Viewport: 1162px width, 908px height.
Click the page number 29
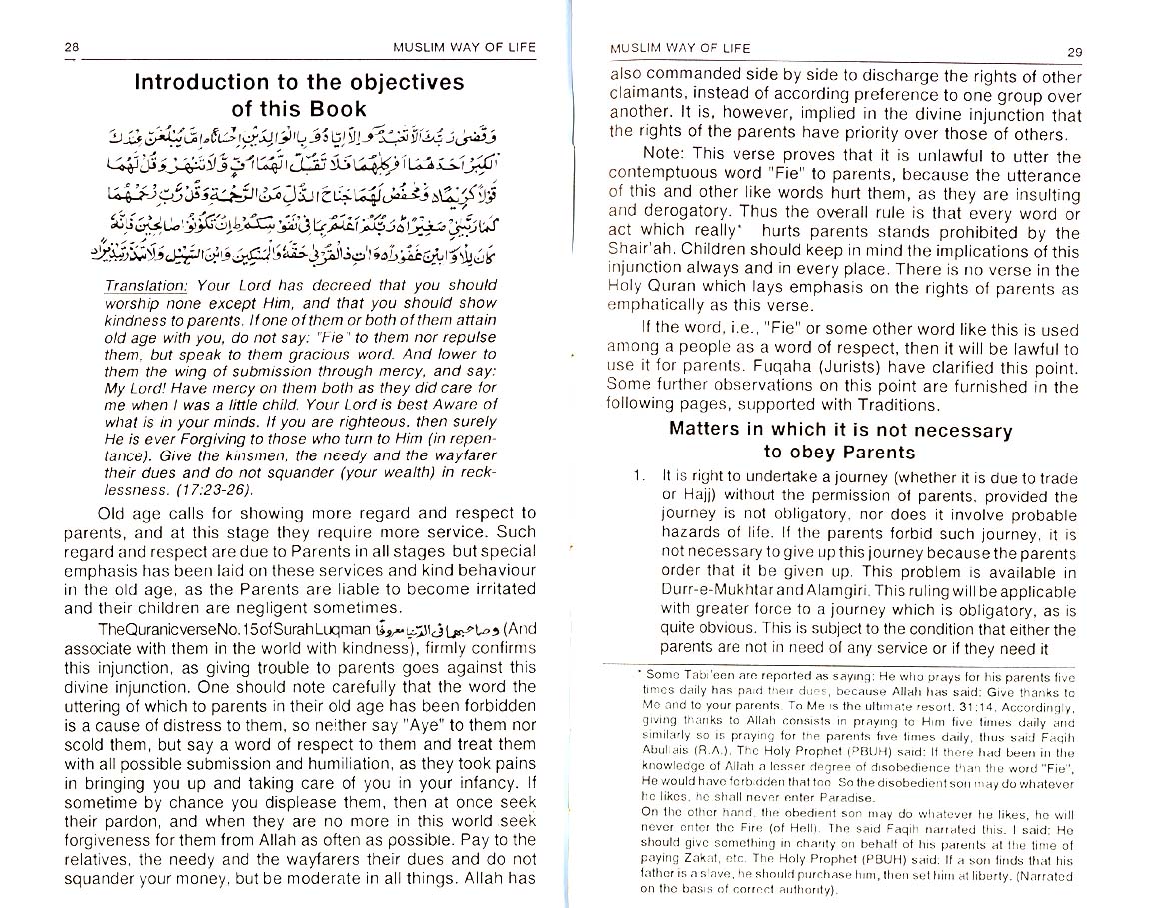pos(1074,52)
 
